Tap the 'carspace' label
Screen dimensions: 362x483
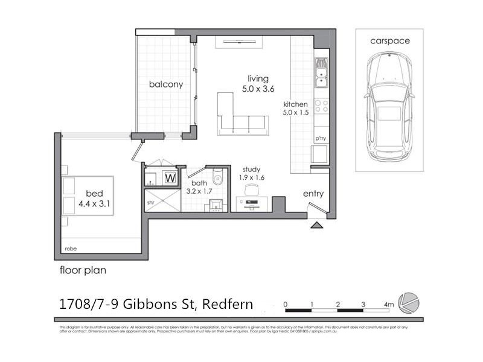point(389,41)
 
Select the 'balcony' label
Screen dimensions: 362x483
point(166,84)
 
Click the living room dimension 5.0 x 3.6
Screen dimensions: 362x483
point(258,89)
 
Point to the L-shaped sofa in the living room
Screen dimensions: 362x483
point(241,118)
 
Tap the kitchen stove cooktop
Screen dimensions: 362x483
point(321,106)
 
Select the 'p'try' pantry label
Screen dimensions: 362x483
point(320,139)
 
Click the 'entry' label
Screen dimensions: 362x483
point(313,194)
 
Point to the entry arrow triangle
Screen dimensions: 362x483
point(316,226)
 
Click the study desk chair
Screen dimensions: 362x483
point(252,191)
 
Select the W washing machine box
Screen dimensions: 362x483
point(170,179)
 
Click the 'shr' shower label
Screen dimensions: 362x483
point(151,203)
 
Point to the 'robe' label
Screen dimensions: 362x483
point(72,249)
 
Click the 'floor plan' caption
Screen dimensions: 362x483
point(83,270)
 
